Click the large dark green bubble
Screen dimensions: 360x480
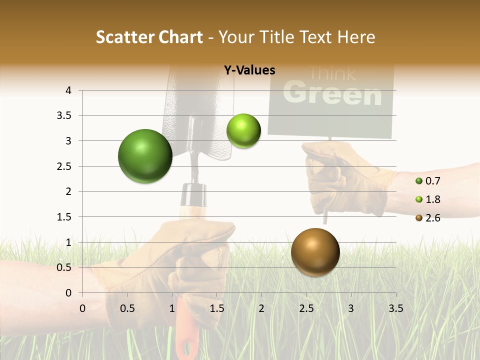click(x=145, y=156)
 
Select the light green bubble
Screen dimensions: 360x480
click(x=243, y=130)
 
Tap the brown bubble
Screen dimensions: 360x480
click(x=315, y=252)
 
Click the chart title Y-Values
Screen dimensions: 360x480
click(x=249, y=70)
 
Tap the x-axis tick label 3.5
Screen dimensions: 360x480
click(x=395, y=308)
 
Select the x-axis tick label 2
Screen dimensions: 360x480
click(x=261, y=308)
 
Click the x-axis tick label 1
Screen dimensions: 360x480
click(x=172, y=308)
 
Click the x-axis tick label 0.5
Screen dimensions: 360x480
click(x=127, y=308)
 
